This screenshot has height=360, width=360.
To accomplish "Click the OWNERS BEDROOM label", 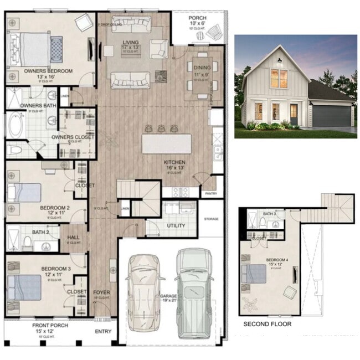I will (x=48, y=71).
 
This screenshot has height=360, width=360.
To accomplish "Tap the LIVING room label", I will (x=131, y=43).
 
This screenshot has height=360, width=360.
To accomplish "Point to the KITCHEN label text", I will (x=175, y=162).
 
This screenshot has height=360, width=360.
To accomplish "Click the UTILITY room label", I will (x=176, y=226).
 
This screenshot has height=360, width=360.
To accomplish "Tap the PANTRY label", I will (x=210, y=193).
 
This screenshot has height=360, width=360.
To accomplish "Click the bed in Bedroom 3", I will (x=25, y=287).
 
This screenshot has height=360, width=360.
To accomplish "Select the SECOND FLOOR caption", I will (x=267, y=324).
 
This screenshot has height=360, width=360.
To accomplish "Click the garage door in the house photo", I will (x=332, y=115).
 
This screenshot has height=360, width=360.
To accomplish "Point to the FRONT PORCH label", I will (x=50, y=326).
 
